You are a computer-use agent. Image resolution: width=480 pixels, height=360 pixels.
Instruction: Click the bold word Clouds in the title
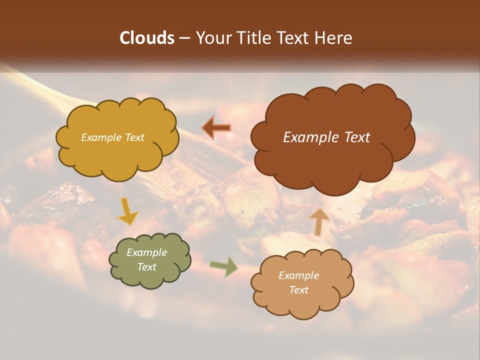(x=146, y=38)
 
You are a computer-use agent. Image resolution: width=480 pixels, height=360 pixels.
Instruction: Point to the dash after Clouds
(x=184, y=38)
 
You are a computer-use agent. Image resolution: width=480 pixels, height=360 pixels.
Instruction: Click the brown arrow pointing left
(x=217, y=128)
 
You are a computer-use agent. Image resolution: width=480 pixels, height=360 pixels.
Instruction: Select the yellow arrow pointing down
(x=128, y=211)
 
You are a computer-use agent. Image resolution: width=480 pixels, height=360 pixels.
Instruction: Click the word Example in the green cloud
(x=146, y=252)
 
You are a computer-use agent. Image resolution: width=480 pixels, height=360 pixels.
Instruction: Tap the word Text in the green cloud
(x=146, y=267)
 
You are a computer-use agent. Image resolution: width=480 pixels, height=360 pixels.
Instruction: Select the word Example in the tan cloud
(x=298, y=275)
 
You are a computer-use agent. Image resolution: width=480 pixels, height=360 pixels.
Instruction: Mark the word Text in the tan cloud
(x=298, y=290)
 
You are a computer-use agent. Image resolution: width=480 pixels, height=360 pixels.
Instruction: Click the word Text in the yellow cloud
(x=134, y=137)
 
